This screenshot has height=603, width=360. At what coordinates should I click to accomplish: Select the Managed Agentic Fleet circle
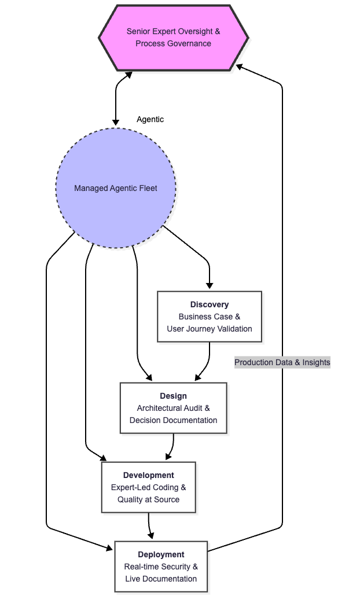click(116, 188)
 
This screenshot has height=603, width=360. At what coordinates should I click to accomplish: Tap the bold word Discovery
click(210, 304)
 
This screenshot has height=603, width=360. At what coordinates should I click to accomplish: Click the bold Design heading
click(173, 396)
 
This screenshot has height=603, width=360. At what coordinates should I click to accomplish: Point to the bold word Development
click(148, 475)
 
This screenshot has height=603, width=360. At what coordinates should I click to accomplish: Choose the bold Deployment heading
click(161, 554)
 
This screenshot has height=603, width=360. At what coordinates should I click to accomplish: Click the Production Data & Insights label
click(282, 362)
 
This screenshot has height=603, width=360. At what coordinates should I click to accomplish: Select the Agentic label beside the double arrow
click(150, 119)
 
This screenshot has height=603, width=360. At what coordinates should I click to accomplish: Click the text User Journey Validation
click(210, 329)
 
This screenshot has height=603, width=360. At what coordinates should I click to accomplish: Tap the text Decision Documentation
click(173, 420)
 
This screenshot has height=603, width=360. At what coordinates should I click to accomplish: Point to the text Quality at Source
click(148, 499)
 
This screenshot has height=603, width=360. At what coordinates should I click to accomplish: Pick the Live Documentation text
click(161, 579)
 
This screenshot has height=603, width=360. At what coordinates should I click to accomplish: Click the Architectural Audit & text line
click(173, 408)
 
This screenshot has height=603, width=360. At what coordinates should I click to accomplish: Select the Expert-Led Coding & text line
click(148, 487)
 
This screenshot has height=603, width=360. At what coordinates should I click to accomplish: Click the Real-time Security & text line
click(161, 567)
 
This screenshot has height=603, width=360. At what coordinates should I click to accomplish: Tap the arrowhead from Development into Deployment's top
click(151, 536)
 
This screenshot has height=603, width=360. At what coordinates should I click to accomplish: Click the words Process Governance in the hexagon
click(173, 43)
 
